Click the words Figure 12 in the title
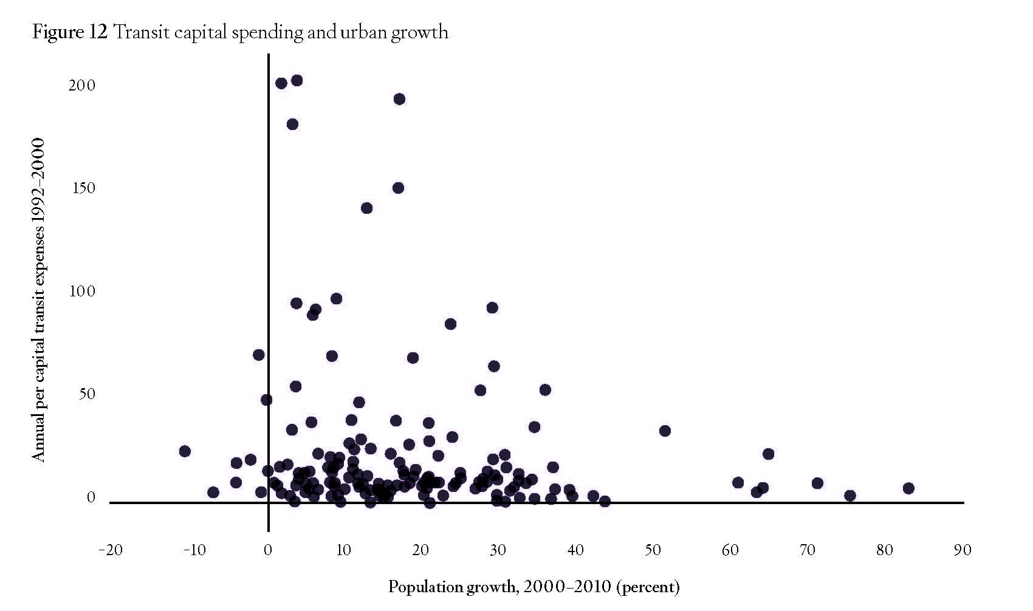(70, 32)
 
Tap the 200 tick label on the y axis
(82, 86)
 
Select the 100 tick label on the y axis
(82, 292)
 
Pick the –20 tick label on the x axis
(110, 550)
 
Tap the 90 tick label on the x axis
(963, 550)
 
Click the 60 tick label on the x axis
(730, 550)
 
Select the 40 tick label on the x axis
(575, 550)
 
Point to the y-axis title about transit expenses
(39, 301)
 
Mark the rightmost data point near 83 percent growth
(908, 488)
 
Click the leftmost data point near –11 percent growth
(185, 451)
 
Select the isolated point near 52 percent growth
(665, 431)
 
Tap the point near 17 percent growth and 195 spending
(399, 99)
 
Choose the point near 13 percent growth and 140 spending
(366, 208)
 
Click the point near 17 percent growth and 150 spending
(398, 188)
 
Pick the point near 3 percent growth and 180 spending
(292, 124)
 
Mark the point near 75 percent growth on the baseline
(850, 496)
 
